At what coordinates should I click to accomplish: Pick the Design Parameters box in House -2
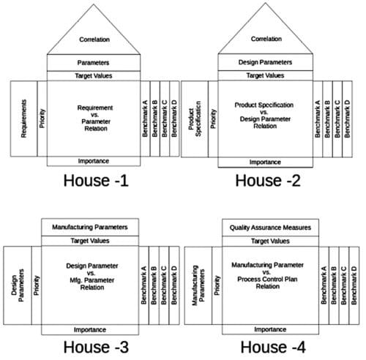click(266, 62)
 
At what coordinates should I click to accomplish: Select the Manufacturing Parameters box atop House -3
click(90, 228)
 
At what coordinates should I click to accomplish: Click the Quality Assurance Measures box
click(270, 228)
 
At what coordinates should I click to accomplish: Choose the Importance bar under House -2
click(266, 162)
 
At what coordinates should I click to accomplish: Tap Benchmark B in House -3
click(154, 285)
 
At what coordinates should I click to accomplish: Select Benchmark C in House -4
click(344, 285)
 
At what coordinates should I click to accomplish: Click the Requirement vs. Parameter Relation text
click(94, 118)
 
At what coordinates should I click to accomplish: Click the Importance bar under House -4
click(270, 329)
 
